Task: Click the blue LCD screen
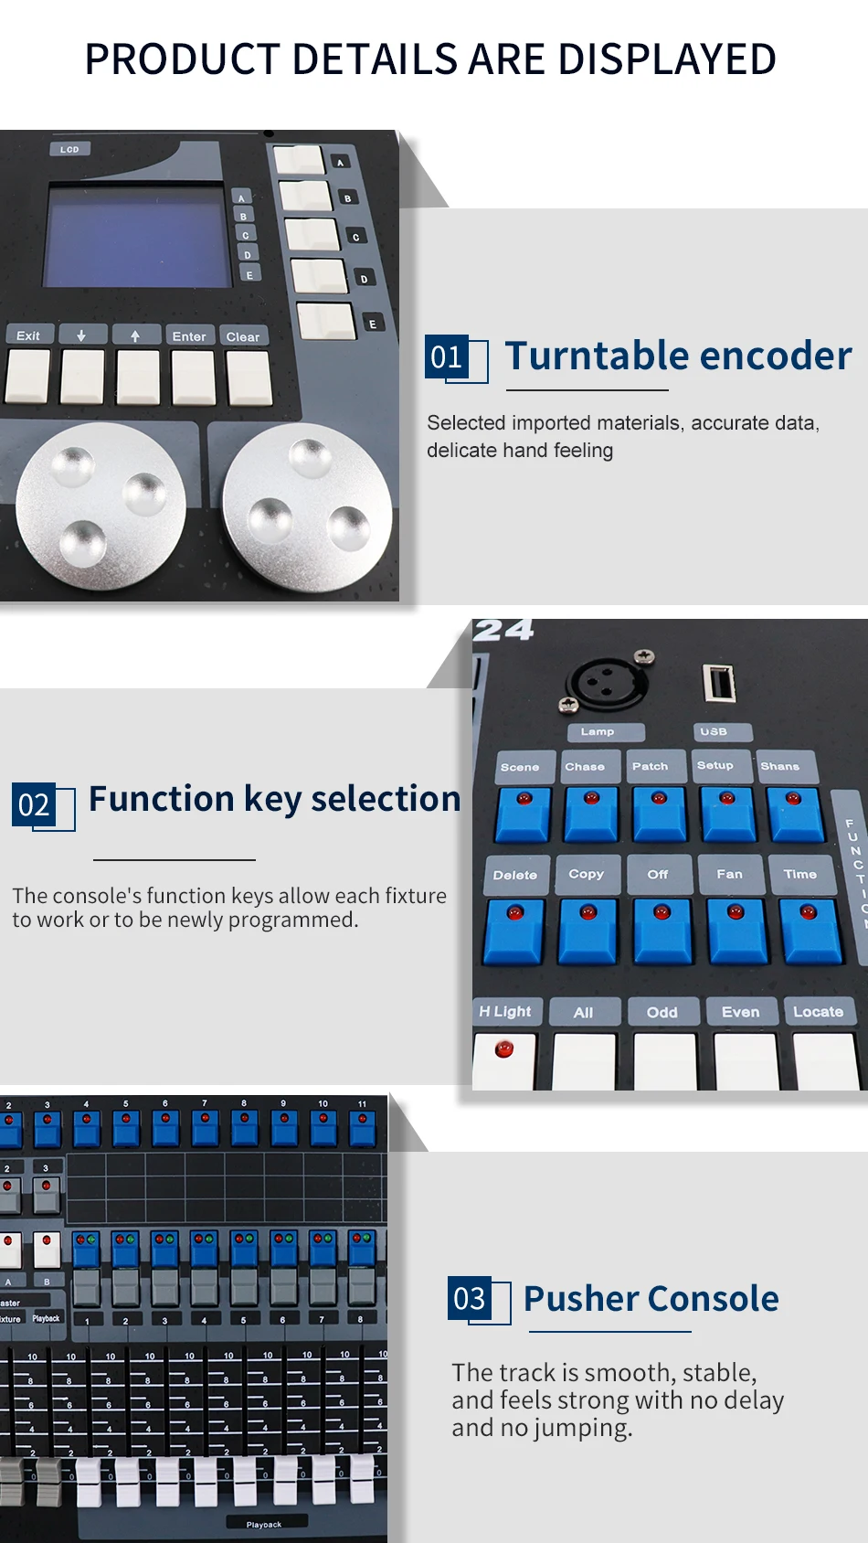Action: pyautogui.click(x=138, y=236)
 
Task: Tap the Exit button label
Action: pyautogui.click(x=28, y=335)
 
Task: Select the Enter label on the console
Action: pyautogui.click(x=189, y=336)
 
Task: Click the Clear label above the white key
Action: pyautogui.click(x=243, y=336)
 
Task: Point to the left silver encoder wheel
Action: pyautogui.click(x=100, y=505)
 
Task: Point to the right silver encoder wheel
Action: pyautogui.click(x=308, y=508)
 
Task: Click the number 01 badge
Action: pyautogui.click(x=447, y=356)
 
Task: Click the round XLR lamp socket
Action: pyautogui.click(x=607, y=682)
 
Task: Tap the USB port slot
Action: pyautogui.click(x=718, y=683)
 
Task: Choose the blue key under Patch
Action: pyautogui.click(x=659, y=814)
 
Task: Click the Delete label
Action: pyautogui.click(x=515, y=875)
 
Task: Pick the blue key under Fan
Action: pyautogui.click(x=736, y=930)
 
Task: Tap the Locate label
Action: pyautogui.click(x=818, y=1012)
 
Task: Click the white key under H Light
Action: pyautogui.click(x=504, y=1061)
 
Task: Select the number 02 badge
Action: pyautogui.click(x=34, y=805)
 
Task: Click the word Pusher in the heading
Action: pyautogui.click(x=581, y=1299)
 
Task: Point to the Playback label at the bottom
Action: pyautogui.click(x=264, y=1524)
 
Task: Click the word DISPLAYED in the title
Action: pyautogui.click(x=667, y=59)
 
